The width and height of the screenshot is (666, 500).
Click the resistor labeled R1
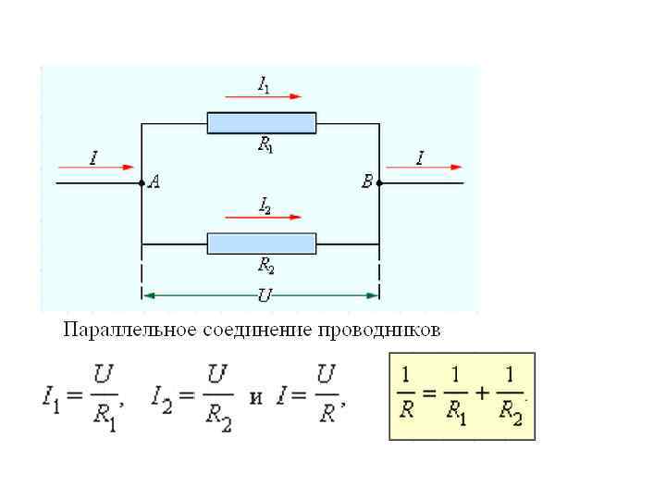[x=262, y=123]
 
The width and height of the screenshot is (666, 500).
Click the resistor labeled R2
[x=262, y=244]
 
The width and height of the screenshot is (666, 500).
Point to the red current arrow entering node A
[x=96, y=168]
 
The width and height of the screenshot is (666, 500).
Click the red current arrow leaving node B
[x=424, y=168]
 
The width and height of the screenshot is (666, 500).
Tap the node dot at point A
[x=142, y=183]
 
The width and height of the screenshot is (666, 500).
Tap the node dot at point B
[x=380, y=183]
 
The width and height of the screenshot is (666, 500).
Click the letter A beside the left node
[x=154, y=183]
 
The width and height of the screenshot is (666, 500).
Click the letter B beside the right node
[x=367, y=183]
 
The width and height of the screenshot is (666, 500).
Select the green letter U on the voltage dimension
[x=264, y=295]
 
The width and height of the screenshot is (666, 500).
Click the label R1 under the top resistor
[x=265, y=144]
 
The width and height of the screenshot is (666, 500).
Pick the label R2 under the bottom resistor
[x=265, y=267]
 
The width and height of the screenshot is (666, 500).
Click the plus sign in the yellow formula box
[x=480, y=393]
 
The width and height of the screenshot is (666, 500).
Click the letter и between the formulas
[x=256, y=397]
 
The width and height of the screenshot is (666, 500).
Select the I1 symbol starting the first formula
[x=54, y=400]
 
